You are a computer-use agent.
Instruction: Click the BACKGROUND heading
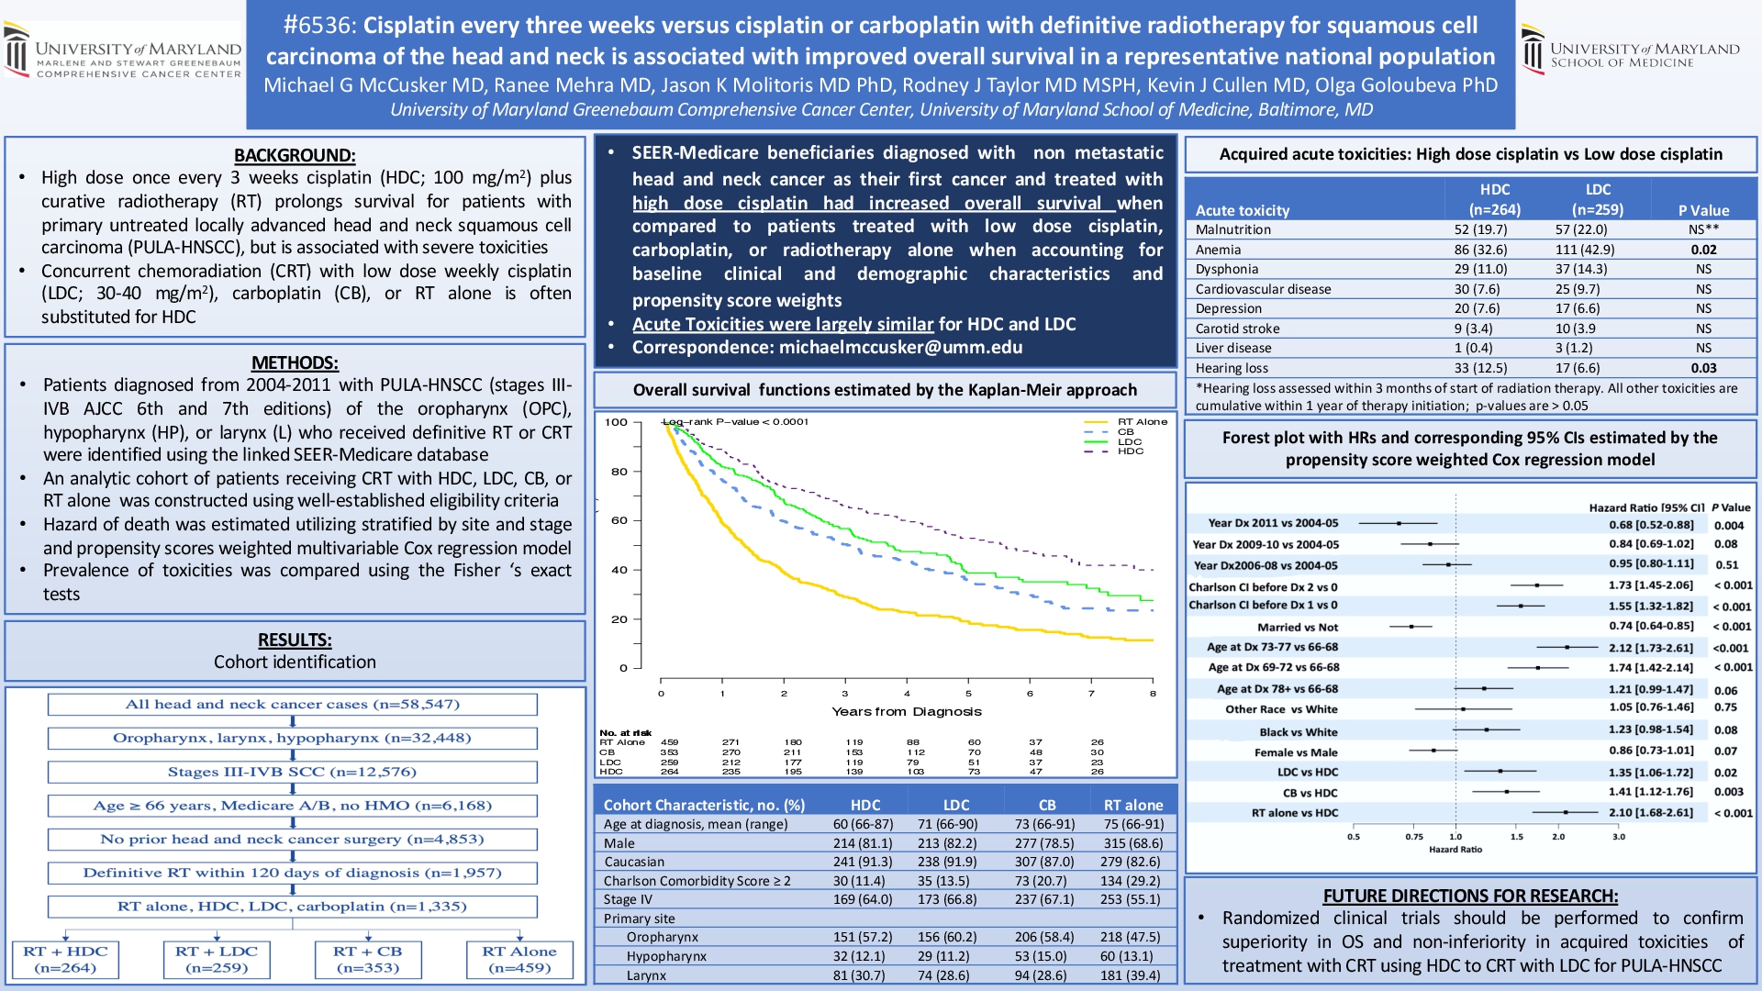click(295, 155)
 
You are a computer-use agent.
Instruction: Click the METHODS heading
click(295, 362)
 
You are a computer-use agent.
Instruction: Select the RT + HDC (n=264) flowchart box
click(65, 959)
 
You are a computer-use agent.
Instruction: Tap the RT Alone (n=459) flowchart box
click(519, 959)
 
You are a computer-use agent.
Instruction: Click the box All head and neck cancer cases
click(292, 705)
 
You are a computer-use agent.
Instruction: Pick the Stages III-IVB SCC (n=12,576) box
click(292, 772)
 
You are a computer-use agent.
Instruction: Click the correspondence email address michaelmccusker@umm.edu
click(900, 348)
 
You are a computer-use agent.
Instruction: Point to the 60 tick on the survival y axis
click(619, 520)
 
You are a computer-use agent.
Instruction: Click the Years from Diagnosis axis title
click(906, 711)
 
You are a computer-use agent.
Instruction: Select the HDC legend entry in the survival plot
click(1130, 451)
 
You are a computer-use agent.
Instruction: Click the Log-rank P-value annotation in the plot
click(736, 422)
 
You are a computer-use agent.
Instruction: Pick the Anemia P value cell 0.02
click(1703, 250)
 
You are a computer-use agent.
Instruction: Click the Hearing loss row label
click(1232, 368)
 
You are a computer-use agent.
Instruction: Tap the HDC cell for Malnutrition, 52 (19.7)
click(1480, 229)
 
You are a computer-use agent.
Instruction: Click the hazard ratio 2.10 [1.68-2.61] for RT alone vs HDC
click(1650, 813)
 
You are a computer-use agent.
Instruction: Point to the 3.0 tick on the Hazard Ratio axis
click(1619, 836)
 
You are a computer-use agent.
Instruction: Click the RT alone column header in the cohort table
click(1132, 805)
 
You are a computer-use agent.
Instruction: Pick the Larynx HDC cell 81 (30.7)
click(859, 975)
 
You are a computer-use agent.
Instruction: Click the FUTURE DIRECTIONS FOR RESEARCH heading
click(1470, 896)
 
